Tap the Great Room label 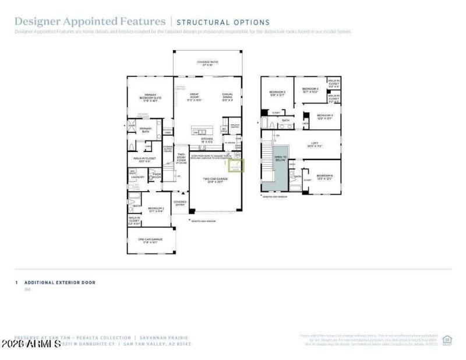coord(194,97)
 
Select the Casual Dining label coord(228,97)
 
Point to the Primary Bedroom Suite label coord(150,98)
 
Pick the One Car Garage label coord(150,241)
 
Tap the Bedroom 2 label coord(156,209)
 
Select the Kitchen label coord(207,140)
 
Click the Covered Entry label coord(179,203)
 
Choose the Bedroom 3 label coord(277,93)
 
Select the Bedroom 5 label coord(324,117)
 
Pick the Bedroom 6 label coord(324,177)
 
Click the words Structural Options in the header coord(223,23)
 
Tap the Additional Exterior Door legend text coord(59,283)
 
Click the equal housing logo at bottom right coord(447,340)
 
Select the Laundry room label coord(137,176)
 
